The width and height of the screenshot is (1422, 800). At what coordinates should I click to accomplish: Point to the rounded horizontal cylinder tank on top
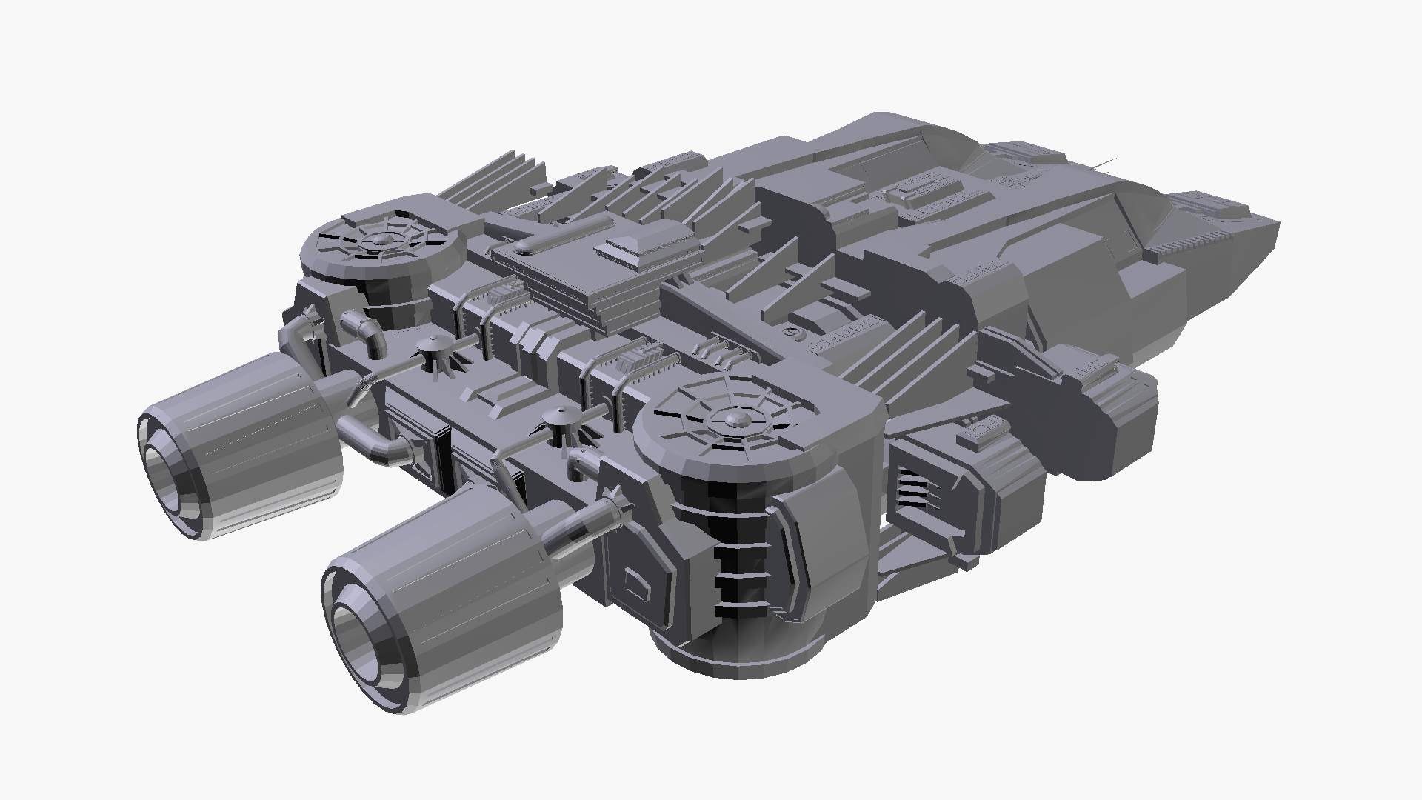tap(563, 236)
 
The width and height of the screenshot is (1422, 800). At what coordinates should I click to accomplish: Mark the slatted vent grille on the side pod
tap(914, 490)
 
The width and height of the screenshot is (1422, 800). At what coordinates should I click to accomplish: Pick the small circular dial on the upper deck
tap(793, 333)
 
